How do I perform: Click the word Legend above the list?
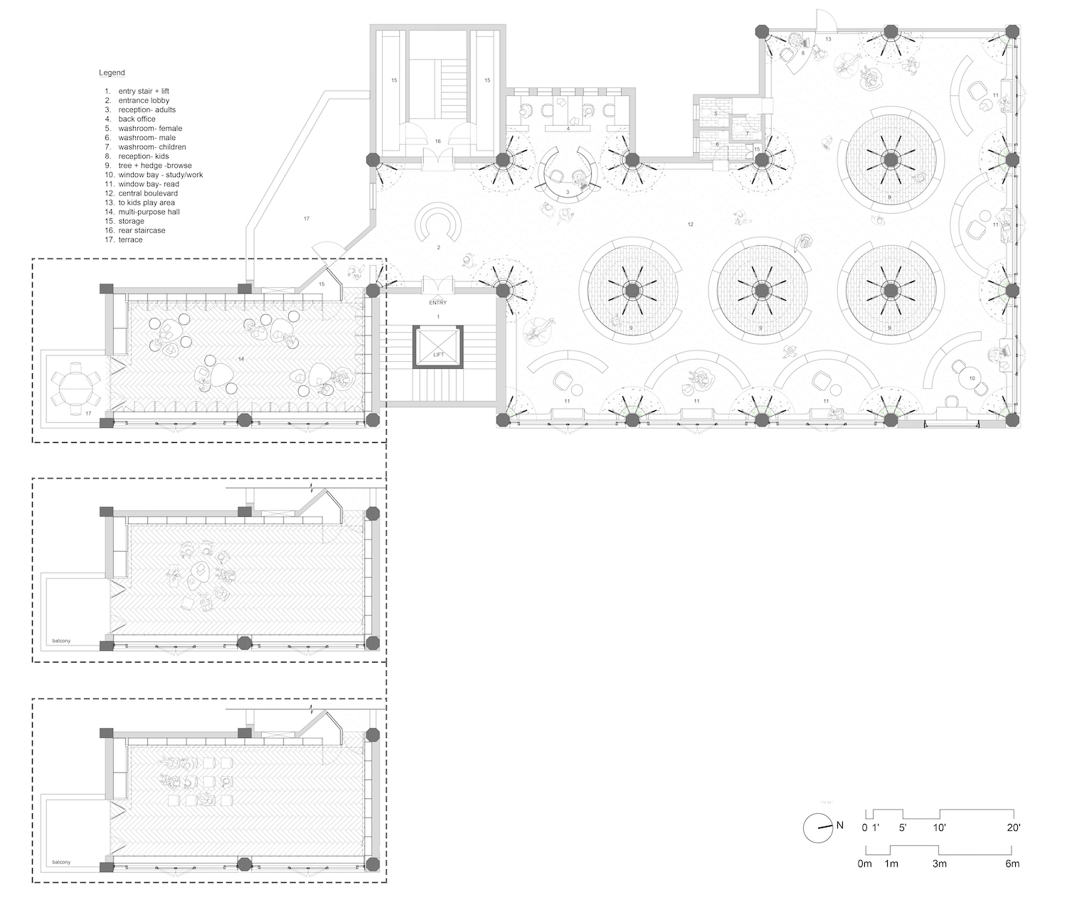112,73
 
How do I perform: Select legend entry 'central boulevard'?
148,193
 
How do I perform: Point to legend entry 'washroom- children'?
152,147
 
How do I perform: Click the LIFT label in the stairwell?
438,355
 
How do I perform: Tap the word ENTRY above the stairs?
437,303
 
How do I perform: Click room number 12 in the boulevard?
690,225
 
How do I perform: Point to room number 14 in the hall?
241,358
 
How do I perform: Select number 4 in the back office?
568,129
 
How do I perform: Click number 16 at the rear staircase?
437,141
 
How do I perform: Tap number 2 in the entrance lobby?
439,247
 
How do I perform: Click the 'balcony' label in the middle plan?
61,640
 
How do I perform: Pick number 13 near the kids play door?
828,39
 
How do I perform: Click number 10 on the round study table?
972,378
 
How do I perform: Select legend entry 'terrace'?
131,240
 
